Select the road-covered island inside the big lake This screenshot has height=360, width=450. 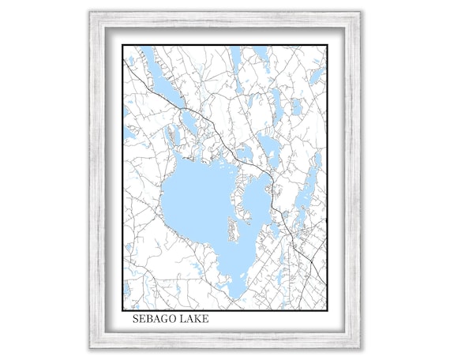(x=232, y=230)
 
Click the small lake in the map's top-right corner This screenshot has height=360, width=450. (x=317, y=75)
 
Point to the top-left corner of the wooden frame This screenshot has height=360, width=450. (x=90, y=13)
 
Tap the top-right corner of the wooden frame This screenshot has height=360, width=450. (x=361, y=13)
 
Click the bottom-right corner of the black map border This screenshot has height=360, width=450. (x=328, y=309)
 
